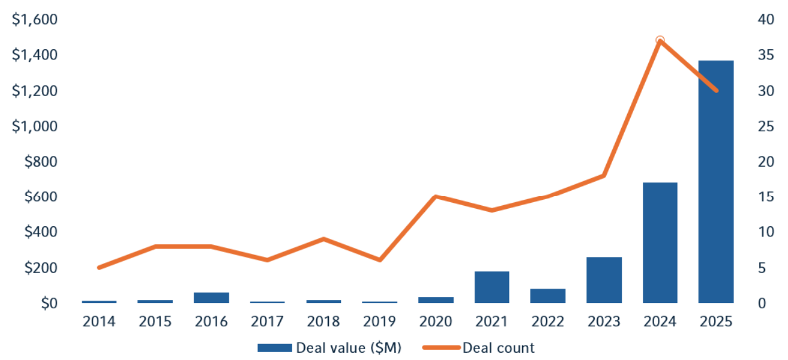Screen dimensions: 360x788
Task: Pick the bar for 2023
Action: coord(604,280)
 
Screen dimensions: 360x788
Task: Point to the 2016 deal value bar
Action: coord(211,298)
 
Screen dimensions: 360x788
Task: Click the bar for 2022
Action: coord(548,296)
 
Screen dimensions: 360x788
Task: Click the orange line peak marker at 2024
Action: coord(660,41)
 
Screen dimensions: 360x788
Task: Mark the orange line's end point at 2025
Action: coord(716,91)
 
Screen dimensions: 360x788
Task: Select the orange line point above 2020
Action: coord(436,197)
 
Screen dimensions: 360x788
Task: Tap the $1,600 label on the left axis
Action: coord(35,20)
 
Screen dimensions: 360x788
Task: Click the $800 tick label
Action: coord(40,161)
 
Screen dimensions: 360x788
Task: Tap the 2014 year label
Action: coord(99,322)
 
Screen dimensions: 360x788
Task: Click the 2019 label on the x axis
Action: coord(379,322)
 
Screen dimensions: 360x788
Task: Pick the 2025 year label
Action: coord(716,322)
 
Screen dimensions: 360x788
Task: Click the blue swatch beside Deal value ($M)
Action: coord(274,347)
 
